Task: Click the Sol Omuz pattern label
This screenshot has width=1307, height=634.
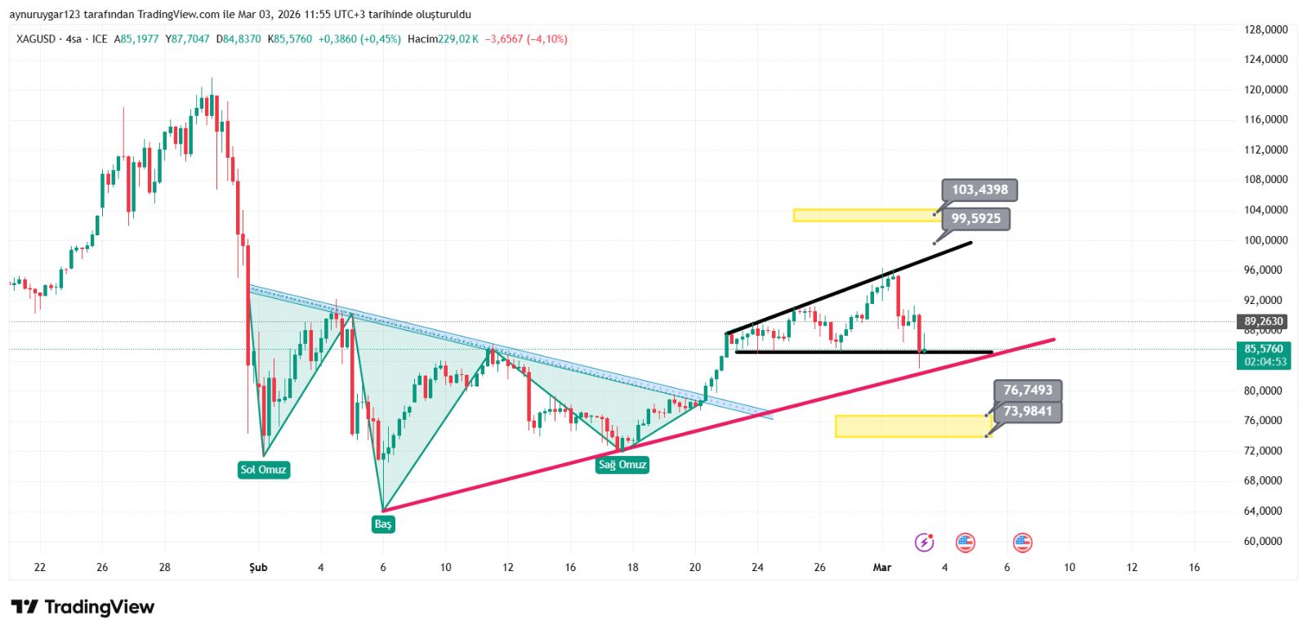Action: (x=263, y=470)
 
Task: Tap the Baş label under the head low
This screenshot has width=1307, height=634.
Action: (x=383, y=524)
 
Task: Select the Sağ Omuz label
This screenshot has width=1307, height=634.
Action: (x=622, y=465)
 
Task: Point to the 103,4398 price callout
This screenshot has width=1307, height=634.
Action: (x=979, y=190)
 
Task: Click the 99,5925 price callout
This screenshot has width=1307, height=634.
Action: (x=975, y=219)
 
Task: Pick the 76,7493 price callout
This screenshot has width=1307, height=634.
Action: (x=1028, y=391)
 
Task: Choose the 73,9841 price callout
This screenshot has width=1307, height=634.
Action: (x=1028, y=411)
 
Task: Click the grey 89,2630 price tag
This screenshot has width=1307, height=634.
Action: (x=1264, y=321)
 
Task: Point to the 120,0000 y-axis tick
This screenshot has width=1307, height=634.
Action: (x=1265, y=90)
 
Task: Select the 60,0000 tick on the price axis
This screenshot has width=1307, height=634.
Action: (x=1265, y=541)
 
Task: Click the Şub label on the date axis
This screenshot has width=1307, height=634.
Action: (x=258, y=567)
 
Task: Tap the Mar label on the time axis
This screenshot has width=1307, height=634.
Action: (x=882, y=567)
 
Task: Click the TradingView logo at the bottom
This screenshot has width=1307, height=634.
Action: (x=83, y=607)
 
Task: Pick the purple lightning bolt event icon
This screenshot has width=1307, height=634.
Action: (x=924, y=542)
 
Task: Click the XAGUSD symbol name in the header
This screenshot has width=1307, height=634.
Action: (x=36, y=39)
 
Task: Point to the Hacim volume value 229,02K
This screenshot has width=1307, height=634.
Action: (x=458, y=39)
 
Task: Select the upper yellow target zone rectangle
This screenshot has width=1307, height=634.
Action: (x=866, y=216)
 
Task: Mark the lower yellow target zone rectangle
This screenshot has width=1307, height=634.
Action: (x=911, y=426)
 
